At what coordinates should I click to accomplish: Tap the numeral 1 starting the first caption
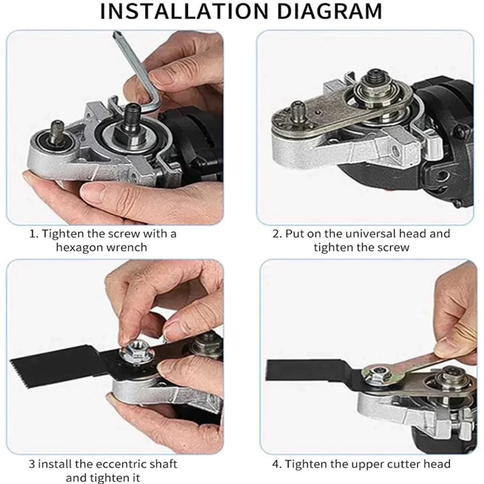32,234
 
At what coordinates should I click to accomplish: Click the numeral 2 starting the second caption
276,234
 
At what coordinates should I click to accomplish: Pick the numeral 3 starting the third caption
31,464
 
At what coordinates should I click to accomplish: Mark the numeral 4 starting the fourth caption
276,464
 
